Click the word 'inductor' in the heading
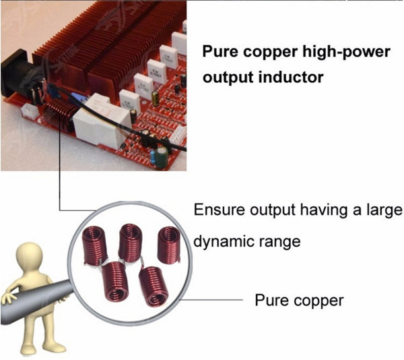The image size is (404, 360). pyautogui.click(x=291, y=77)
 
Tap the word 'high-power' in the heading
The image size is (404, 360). pyautogui.click(x=346, y=52)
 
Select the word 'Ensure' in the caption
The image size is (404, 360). pyautogui.click(x=219, y=210)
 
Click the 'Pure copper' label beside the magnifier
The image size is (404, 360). pyautogui.click(x=299, y=301)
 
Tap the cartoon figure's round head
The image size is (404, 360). pyautogui.click(x=29, y=256)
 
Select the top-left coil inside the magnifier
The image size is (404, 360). pyautogui.click(x=95, y=245)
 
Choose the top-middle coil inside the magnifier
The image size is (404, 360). pyautogui.click(x=131, y=243)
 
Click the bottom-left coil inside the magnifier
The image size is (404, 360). pyautogui.click(x=115, y=280)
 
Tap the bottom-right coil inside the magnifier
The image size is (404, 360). pyautogui.click(x=154, y=287)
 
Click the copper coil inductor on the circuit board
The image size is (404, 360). pyautogui.click(x=61, y=114)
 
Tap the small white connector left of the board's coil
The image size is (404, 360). pyautogui.click(x=30, y=112)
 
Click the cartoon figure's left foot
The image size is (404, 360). pyautogui.click(x=55, y=347)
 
